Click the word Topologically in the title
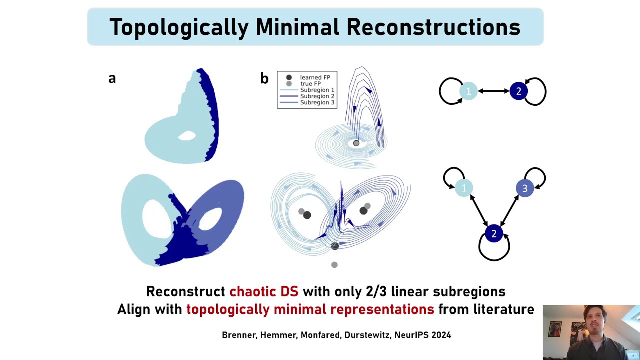(178, 27)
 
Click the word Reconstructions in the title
(433, 27)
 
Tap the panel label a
(112, 78)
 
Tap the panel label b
(264, 78)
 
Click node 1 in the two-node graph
(468, 91)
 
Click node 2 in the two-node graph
(518, 91)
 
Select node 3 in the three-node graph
(524, 188)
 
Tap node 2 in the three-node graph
(494, 234)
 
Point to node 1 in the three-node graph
(464, 188)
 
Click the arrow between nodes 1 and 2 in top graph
(493, 91)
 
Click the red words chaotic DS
(264, 291)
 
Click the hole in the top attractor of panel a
(187, 135)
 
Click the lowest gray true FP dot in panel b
(334, 265)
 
